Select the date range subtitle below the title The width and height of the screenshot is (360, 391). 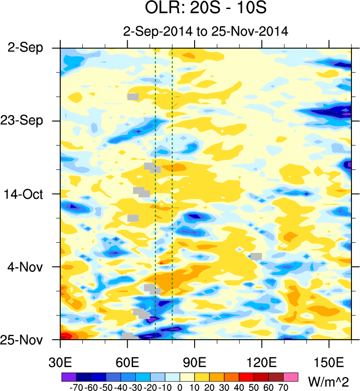[x=206, y=32]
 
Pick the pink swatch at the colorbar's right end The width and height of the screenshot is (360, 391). [x=291, y=376]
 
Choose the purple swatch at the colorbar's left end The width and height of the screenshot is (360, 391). [x=68, y=376]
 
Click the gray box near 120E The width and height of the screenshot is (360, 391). [x=256, y=256]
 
